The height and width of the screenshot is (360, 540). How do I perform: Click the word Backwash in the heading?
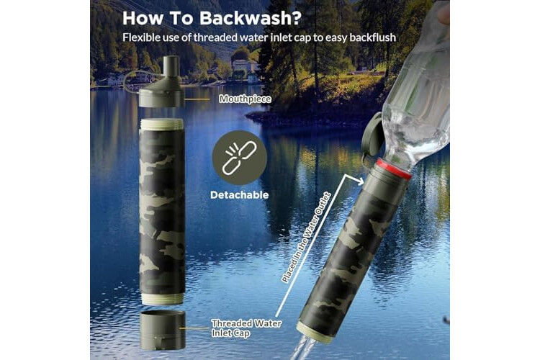251,18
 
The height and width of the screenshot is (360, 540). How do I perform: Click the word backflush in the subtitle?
373,37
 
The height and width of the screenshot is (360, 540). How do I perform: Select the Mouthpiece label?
246,99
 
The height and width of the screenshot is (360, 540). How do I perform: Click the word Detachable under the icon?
239,195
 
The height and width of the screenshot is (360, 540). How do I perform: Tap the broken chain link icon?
240,158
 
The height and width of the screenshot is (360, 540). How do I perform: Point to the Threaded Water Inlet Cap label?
246,328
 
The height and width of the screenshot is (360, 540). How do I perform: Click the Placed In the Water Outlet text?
306,238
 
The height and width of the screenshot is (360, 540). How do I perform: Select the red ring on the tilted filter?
394,168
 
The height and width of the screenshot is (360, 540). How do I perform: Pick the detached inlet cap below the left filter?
162,330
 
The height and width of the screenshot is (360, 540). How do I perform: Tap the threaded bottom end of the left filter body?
162,299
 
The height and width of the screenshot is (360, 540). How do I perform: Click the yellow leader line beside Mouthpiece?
197,99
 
